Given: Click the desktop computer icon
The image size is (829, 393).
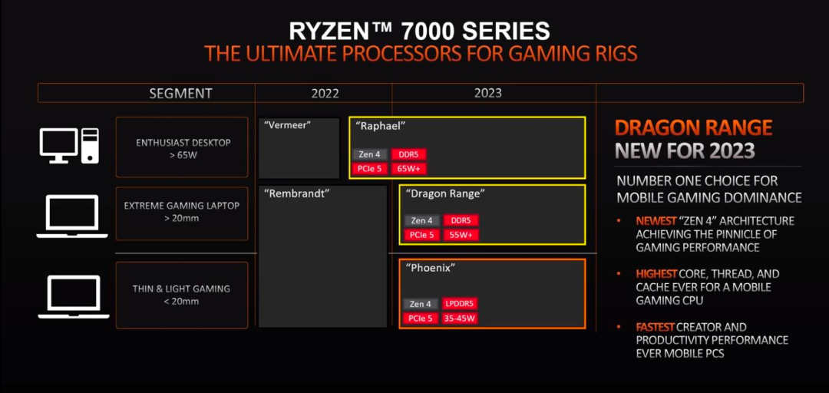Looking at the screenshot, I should pyautogui.click(x=69, y=146).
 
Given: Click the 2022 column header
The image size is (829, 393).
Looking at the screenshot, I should pyautogui.click(x=325, y=93).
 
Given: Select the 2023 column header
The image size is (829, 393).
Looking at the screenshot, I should pyautogui.click(x=487, y=93).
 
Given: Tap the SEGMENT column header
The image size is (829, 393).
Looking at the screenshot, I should pyautogui.click(x=180, y=93).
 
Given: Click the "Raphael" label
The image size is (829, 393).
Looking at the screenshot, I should pyautogui.click(x=380, y=126).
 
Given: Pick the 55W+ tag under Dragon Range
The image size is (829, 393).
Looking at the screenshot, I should pyautogui.click(x=461, y=235).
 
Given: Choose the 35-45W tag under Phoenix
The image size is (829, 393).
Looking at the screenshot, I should pyautogui.click(x=460, y=318).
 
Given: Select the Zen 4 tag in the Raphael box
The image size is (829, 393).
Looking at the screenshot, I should pyautogui.click(x=368, y=154).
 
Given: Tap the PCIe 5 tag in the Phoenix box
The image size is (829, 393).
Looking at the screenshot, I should pyautogui.click(x=421, y=318).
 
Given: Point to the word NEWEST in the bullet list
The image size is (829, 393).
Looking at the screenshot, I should pyautogui.click(x=656, y=220).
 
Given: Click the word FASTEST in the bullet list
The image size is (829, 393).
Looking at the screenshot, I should pyautogui.click(x=657, y=327).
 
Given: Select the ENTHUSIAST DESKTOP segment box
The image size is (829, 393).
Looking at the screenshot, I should pyautogui.click(x=182, y=147).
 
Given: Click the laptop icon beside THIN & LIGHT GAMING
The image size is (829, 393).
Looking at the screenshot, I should pyautogui.click(x=73, y=296).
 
